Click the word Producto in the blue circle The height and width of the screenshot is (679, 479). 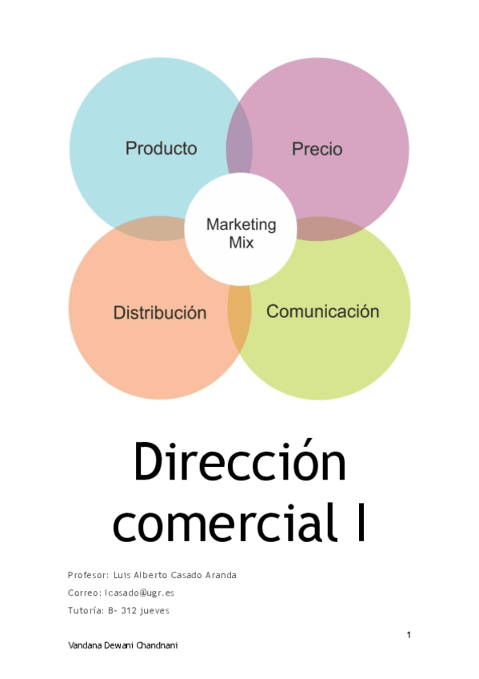point(162,149)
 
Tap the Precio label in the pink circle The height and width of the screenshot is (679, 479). point(317,149)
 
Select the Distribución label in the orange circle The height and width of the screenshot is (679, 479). point(160,312)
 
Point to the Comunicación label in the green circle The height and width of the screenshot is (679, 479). point(322,311)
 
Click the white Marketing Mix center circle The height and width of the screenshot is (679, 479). point(241,229)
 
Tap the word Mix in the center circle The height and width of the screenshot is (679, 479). point(241,243)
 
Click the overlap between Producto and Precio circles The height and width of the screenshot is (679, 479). point(239,139)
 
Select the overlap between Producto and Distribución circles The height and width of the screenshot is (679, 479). point(151,228)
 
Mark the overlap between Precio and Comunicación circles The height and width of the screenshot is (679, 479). point(329,229)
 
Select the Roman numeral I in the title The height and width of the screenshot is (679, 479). point(361,522)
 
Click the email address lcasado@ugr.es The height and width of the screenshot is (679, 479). point(139,593)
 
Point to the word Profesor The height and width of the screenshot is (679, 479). point(88,575)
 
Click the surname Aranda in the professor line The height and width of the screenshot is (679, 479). point(221,575)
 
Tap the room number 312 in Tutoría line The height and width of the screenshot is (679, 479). point(129,611)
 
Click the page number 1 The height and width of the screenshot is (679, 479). point(409,635)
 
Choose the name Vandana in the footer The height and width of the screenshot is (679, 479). point(86,645)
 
